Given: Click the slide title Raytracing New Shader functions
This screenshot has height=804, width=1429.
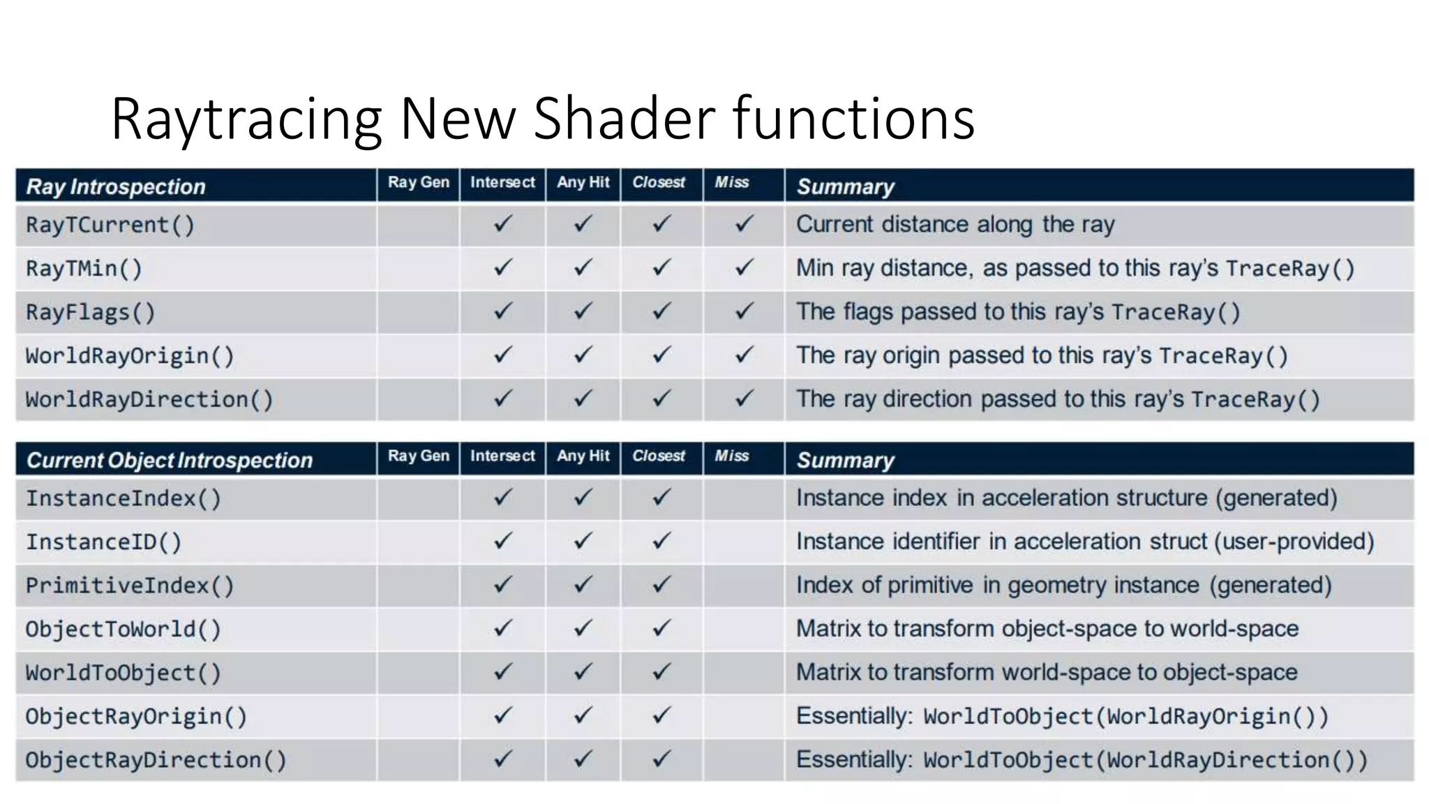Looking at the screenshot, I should [x=542, y=119].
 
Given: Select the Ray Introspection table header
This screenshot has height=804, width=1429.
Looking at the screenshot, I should [x=116, y=187].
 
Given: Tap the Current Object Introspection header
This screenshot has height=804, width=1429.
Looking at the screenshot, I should [x=170, y=461].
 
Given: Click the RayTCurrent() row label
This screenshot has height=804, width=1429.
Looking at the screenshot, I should [x=110, y=225].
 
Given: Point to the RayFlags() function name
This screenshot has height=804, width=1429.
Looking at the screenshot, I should [x=91, y=313].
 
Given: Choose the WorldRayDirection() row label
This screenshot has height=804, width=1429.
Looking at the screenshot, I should [x=149, y=400].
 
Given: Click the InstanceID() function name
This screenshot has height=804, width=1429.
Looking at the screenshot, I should [x=103, y=542].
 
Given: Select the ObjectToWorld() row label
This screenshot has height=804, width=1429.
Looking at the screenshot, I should [x=124, y=630].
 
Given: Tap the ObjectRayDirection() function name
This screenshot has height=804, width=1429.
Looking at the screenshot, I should [x=156, y=760].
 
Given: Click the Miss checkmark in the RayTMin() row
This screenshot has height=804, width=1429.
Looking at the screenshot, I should [x=745, y=267].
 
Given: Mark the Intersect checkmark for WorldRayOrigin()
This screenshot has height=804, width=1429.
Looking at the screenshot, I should [x=502, y=355].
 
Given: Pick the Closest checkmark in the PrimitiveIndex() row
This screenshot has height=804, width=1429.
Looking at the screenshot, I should [x=661, y=584].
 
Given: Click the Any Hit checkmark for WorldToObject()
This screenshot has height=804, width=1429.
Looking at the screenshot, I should [x=583, y=672].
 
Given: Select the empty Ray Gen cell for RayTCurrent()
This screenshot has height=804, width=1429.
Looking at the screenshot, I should [x=418, y=225].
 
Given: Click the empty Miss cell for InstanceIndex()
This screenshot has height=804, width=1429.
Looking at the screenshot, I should [x=744, y=498].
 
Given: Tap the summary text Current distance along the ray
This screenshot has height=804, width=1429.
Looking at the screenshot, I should [x=955, y=225].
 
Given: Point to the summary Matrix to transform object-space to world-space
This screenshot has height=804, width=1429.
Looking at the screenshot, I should [x=1047, y=629].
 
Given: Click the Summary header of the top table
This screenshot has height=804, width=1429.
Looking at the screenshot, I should [x=846, y=187].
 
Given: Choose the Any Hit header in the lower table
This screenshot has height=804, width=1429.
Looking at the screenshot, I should [x=583, y=456].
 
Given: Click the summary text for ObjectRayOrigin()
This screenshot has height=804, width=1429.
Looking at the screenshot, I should [x=1062, y=717].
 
